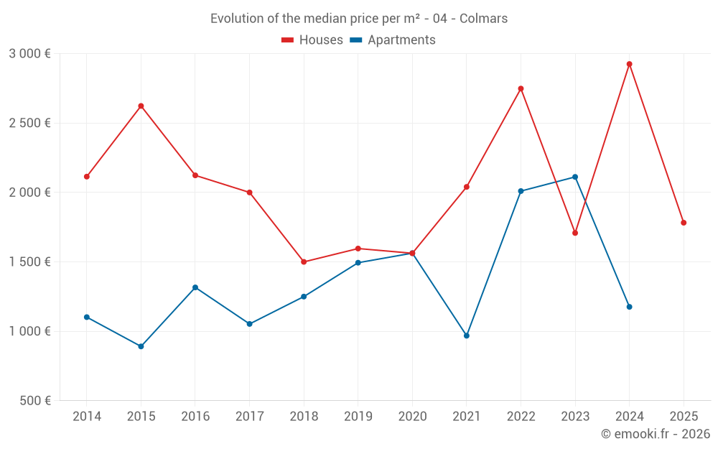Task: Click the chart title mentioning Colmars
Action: [358, 19]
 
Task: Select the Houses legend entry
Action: [312, 40]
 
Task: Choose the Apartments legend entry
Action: [393, 40]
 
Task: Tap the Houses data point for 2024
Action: [629, 64]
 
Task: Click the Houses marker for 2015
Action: [141, 106]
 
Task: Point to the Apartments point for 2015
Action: [141, 346]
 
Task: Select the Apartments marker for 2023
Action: [575, 177]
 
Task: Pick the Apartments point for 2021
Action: [467, 335]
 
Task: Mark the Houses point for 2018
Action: [304, 261]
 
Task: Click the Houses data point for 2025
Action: [684, 223]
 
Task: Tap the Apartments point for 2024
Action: [629, 307]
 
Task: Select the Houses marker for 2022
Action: [521, 88]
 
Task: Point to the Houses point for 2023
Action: [575, 233]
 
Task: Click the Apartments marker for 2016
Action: [195, 287]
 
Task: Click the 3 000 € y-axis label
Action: [29, 54]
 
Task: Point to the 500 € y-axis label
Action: [35, 401]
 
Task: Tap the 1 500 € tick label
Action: [29, 262]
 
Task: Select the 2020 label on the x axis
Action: [412, 417]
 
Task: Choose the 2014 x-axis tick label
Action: [87, 417]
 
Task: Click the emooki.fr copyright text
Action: [655, 434]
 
